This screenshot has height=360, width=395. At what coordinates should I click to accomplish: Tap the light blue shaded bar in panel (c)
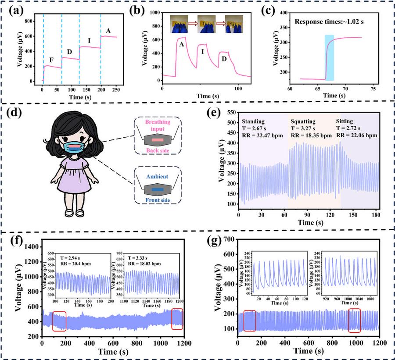click(329, 57)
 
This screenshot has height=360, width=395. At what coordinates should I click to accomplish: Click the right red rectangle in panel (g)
click(354, 321)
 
